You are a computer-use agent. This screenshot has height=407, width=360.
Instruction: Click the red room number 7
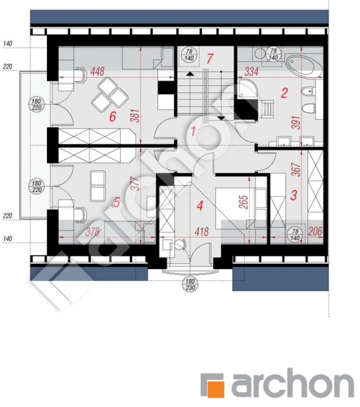point(210,58)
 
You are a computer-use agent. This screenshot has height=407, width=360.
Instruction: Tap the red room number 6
point(112,116)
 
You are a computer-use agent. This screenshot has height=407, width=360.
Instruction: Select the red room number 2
point(284,93)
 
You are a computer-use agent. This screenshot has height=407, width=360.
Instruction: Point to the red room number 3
point(294,195)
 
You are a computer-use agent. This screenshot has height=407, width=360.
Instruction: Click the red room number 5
point(117,202)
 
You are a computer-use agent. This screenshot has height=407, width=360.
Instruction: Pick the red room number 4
point(199,206)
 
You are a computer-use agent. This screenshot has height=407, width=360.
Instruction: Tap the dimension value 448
point(98,71)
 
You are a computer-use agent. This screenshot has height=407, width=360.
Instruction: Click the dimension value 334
point(251,72)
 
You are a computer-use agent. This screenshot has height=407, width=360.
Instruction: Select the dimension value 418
point(202,232)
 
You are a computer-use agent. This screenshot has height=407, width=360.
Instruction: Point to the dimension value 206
point(315,231)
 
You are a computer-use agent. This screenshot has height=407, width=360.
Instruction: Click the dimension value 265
point(244,202)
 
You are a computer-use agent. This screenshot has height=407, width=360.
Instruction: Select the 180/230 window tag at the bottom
point(190,284)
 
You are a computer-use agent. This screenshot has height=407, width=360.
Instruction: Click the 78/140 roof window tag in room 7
point(189,55)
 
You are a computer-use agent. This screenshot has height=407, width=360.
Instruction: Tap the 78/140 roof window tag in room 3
point(295,234)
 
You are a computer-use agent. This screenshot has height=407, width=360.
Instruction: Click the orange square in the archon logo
point(216,389)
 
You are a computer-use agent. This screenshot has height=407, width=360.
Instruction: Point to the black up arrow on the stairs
point(190,74)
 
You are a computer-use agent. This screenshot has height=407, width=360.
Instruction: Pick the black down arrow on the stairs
point(221,119)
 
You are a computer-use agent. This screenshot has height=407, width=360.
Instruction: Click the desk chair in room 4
point(180,244)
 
